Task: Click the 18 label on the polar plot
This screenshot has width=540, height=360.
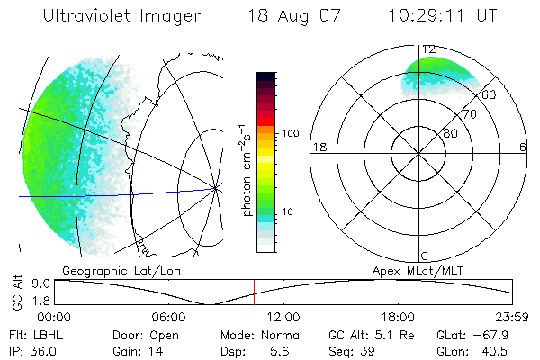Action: pyautogui.click(x=318, y=147)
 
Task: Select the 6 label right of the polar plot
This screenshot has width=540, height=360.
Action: pyautogui.click(x=523, y=147)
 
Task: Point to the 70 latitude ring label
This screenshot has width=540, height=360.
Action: pyautogui.click(x=468, y=114)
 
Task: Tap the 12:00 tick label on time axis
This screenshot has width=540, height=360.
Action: pyautogui.click(x=283, y=317)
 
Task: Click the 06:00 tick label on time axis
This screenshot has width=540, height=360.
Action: pyautogui.click(x=168, y=317)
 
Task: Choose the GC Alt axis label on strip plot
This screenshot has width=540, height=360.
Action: pyautogui.click(x=16, y=292)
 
